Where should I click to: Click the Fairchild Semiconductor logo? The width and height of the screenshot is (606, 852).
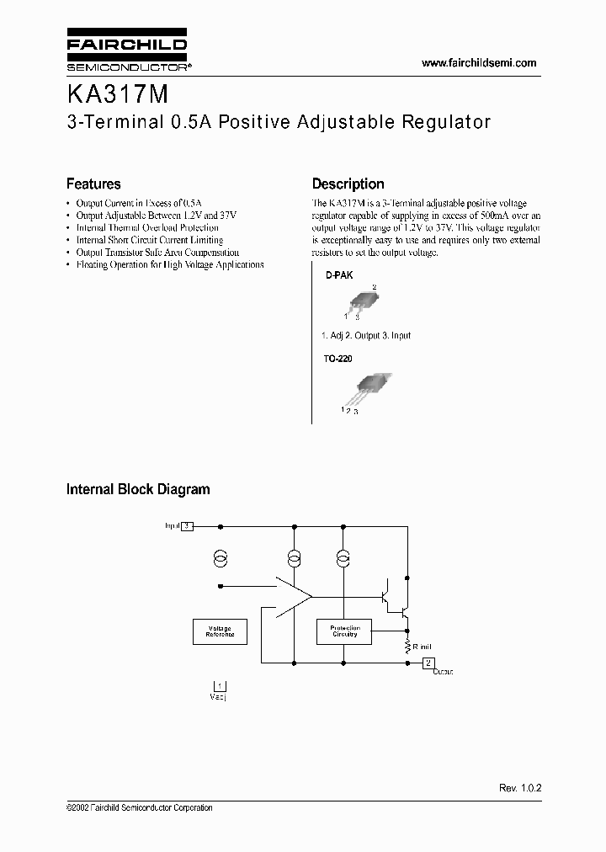tap(126, 52)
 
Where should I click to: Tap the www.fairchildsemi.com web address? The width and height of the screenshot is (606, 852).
tap(478, 63)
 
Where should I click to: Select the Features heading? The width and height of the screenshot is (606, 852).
tap(93, 184)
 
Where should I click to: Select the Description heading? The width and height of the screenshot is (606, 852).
tap(348, 184)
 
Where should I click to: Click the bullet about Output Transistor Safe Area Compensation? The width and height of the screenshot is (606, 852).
tap(157, 252)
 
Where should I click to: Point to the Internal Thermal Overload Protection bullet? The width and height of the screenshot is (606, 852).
tap(147, 227)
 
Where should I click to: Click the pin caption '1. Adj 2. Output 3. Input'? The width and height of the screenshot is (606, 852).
tap(366, 335)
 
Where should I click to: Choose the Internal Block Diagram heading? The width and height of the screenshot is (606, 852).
tap(138, 489)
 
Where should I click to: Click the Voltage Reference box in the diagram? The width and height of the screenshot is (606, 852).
tap(221, 631)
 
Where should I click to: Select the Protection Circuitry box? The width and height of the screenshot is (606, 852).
tap(344, 631)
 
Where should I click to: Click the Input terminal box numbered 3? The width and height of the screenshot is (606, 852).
tap(188, 526)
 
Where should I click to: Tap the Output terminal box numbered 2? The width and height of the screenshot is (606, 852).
tap(428, 662)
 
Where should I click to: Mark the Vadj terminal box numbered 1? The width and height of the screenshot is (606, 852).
tap(221, 685)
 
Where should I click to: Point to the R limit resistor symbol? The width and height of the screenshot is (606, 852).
tap(407, 645)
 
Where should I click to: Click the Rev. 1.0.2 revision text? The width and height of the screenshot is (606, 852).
tap(520, 787)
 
